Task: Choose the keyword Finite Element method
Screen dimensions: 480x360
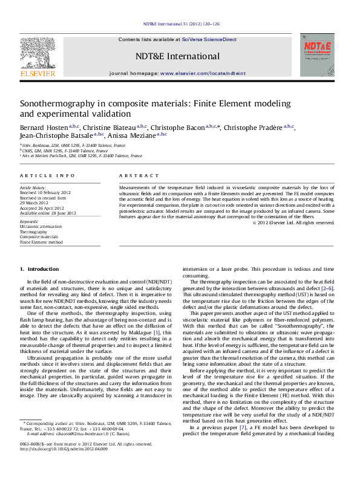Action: [x=41, y=242]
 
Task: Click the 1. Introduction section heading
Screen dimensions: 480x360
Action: [x=39, y=268]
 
